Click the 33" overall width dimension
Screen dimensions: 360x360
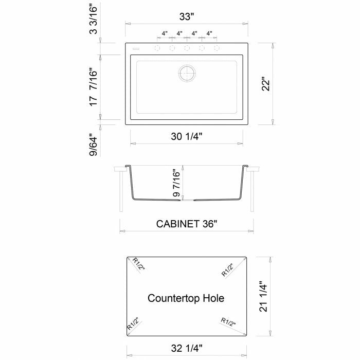pyautogui.click(x=187, y=17)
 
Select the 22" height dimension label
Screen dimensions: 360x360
pyautogui.click(x=266, y=84)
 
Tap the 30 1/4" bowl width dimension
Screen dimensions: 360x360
pyautogui.click(x=186, y=136)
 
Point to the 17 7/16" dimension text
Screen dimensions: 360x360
pyautogui.click(x=94, y=87)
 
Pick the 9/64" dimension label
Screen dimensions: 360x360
pyautogui.click(x=94, y=145)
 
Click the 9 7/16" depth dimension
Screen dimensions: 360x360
pyautogui.click(x=176, y=183)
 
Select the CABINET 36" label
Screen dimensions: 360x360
pyautogui.click(x=186, y=224)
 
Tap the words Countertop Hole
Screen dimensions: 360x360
pyautogui.click(x=186, y=298)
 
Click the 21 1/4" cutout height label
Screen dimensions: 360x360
pyautogui.click(x=263, y=296)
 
